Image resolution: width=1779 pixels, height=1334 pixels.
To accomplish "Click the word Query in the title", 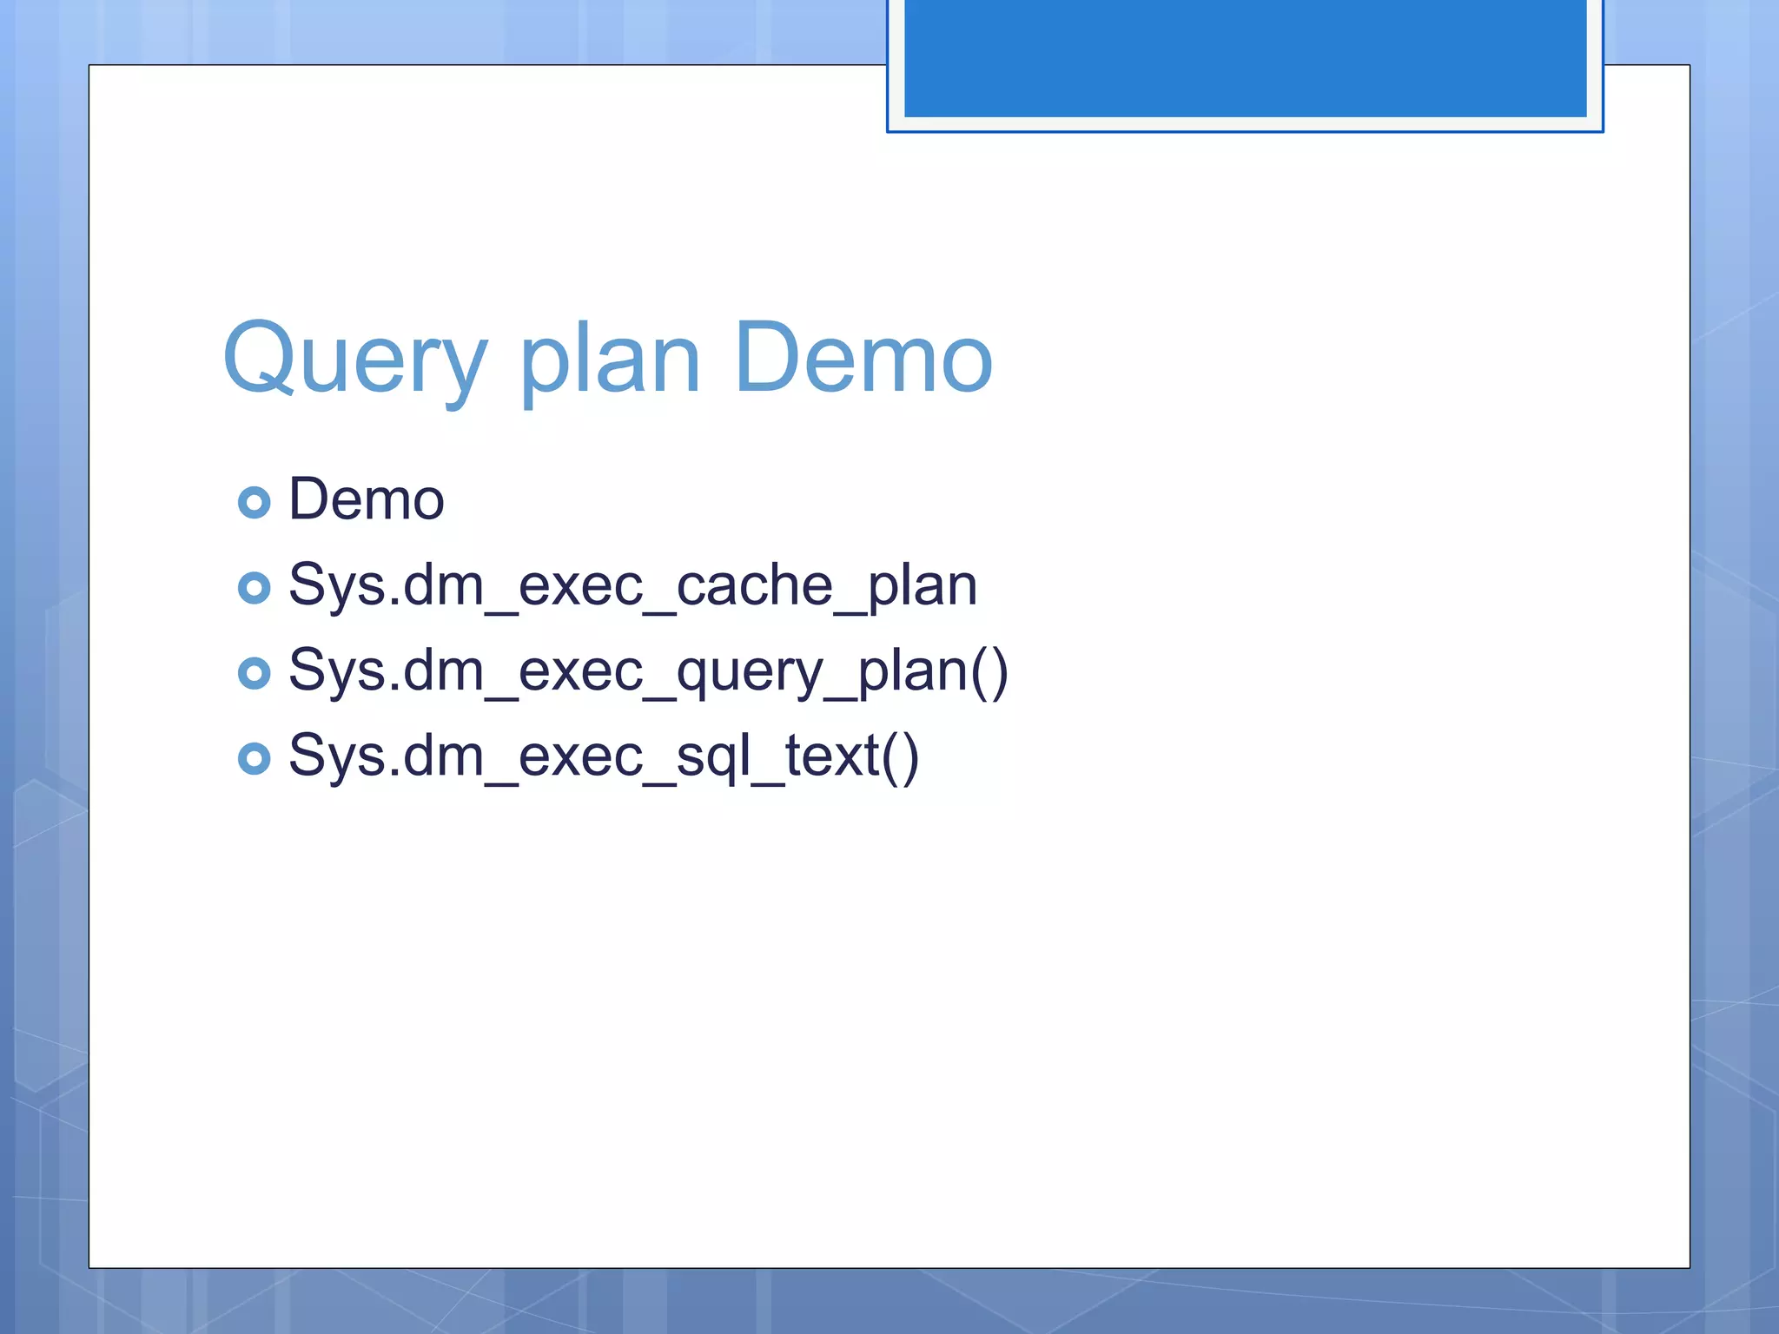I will (x=354, y=358).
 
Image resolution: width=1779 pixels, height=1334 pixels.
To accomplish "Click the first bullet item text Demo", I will (x=366, y=500).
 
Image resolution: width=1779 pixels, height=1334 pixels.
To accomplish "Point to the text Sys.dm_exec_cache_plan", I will (x=632, y=585).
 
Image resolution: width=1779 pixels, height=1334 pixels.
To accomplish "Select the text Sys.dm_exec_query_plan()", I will (x=648, y=671).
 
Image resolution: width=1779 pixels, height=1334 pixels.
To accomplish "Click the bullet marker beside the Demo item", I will (x=254, y=502).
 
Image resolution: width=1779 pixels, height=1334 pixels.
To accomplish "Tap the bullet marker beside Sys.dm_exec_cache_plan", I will (x=254, y=588).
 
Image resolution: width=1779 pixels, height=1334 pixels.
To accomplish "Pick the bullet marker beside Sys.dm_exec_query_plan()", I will (x=254, y=673).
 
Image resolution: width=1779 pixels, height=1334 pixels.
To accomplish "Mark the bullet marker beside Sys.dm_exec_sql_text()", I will (x=254, y=758).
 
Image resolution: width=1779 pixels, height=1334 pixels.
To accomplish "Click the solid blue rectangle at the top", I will (x=1245, y=57).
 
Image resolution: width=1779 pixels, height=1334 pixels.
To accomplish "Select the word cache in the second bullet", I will (x=753, y=585).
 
